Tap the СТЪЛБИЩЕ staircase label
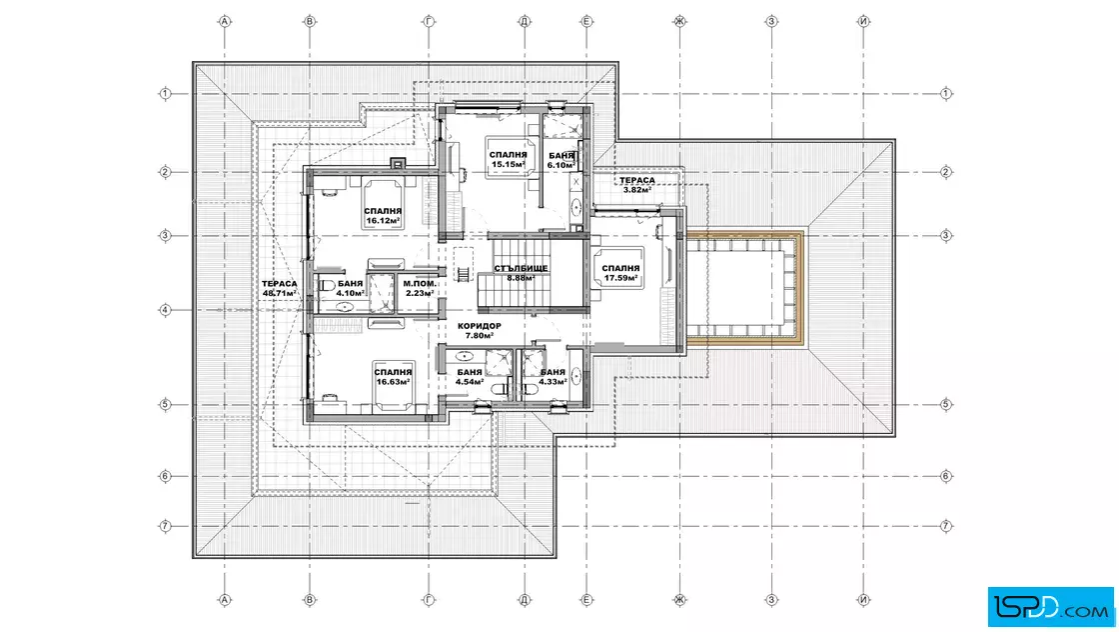point(521,269)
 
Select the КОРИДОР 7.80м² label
point(480,331)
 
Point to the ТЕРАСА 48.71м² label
point(280,289)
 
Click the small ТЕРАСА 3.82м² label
point(637,185)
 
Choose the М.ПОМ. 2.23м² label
point(420,289)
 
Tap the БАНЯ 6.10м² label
point(561,160)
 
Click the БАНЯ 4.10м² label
point(351,289)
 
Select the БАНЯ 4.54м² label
point(470,377)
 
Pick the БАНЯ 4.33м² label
point(554,377)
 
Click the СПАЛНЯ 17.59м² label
point(620,274)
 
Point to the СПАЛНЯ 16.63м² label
point(394,377)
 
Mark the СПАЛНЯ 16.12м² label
point(384,216)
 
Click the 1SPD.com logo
point(1050,607)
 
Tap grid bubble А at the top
point(224,21)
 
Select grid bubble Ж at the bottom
point(679,600)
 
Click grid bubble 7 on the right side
point(945,526)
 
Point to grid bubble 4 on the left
point(165,310)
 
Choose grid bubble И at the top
point(863,21)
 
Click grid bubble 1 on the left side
point(165,94)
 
